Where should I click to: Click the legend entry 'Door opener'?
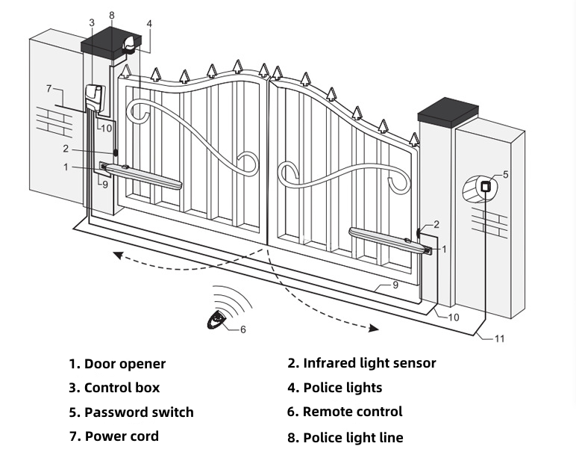coord(117,364)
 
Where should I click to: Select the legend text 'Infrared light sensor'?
coord(362,363)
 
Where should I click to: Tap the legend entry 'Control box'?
coord(114,388)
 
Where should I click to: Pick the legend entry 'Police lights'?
coord(335,388)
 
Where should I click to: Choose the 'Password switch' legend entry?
coord(131,412)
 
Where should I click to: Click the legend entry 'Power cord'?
coord(114,436)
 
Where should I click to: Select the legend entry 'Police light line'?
coord(345,437)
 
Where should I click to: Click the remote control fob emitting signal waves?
coord(217,321)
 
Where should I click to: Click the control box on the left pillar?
coord(94,98)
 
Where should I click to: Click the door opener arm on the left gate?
coord(145,175)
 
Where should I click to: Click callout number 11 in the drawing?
coord(499,338)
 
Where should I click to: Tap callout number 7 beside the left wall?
coord(49,88)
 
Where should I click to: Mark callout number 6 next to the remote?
coord(242,329)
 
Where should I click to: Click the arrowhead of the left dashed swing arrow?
coord(117,255)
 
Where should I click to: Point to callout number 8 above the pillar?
coord(111,15)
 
